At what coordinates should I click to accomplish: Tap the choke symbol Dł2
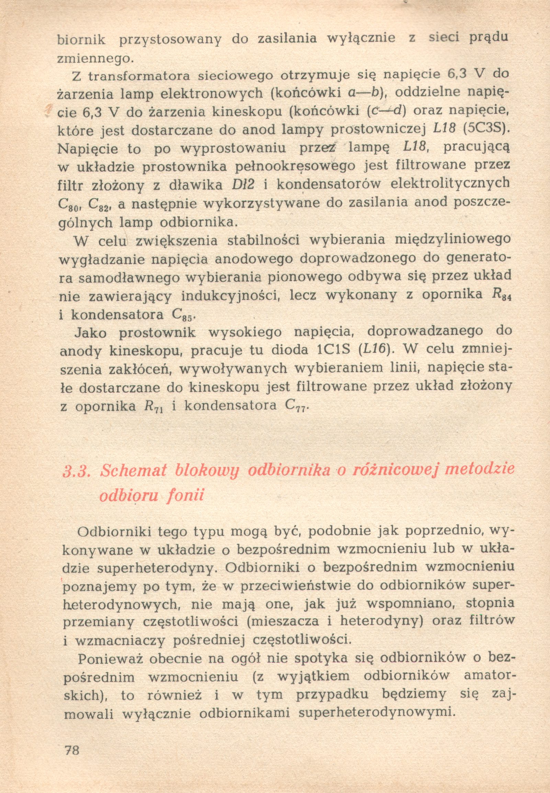click(x=242, y=185)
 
